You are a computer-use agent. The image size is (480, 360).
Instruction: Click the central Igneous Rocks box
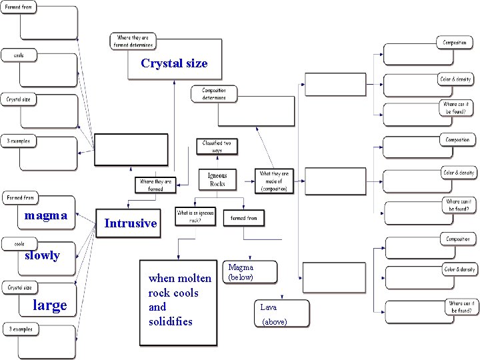tap(217, 179)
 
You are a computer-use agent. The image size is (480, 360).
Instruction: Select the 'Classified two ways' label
tap(217, 147)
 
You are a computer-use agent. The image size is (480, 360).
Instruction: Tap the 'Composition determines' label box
tap(214, 94)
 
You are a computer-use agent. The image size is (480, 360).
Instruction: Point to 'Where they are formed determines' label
tap(133, 41)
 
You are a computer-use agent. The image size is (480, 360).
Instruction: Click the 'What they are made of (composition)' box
tap(273, 181)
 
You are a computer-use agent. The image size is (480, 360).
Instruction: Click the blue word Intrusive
tap(131, 223)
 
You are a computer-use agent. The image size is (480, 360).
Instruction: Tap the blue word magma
tap(45, 215)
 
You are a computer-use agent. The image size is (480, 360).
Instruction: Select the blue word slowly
tap(42, 255)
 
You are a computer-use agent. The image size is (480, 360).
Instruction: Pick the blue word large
tap(50, 305)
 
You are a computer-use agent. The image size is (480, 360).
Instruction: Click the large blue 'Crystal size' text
tap(174, 63)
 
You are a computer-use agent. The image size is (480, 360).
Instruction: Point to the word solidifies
tap(170, 321)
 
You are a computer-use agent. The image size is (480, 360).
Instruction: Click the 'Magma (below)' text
tap(241, 272)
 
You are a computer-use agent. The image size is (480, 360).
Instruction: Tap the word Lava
tap(268, 307)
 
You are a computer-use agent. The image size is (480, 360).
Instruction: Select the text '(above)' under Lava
tap(274, 322)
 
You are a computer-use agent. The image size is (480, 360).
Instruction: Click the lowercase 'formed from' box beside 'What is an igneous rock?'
tap(243, 218)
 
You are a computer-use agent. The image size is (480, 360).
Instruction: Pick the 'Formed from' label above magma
tap(20, 198)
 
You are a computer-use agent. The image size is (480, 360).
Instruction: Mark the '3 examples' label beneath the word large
tap(19, 329)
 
